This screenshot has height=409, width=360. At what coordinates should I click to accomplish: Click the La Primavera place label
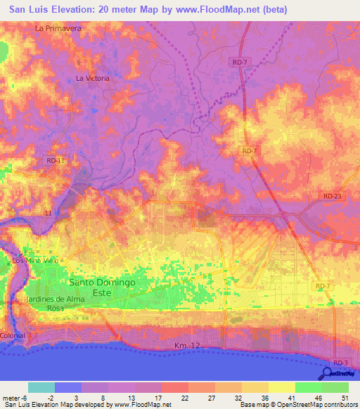(58, 28)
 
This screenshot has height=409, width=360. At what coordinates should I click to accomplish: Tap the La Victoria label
(93, 78)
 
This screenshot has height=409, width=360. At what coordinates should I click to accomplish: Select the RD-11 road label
(56, 161)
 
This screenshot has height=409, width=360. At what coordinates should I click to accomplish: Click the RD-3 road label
(341, 362)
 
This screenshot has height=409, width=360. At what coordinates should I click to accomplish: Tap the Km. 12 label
(188, 346)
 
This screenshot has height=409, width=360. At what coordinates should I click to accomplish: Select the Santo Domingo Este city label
(102, 287)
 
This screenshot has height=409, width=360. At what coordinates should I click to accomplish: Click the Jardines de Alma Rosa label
(55, 303)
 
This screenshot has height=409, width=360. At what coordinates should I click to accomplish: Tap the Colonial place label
(13, 335)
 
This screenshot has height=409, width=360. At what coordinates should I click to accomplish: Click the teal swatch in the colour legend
(41, 387)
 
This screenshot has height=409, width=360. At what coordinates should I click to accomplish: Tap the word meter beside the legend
(12, 397)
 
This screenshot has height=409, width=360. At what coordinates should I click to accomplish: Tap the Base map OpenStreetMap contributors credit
(297, 405)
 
